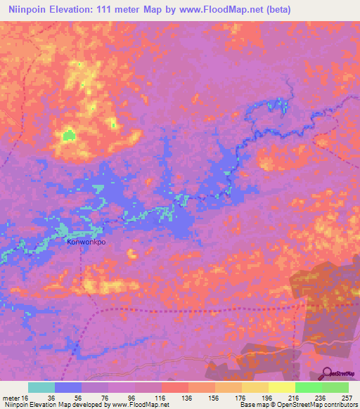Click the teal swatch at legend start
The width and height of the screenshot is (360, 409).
pyautogui.click(x=41, y=387)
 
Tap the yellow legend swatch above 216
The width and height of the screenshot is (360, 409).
pyautogui.click(x=282, y=387)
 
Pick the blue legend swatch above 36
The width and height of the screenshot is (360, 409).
pyautogui.click(x=68, y=387)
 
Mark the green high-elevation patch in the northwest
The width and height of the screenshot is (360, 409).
pyautogui.click(x=68, y=134)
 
